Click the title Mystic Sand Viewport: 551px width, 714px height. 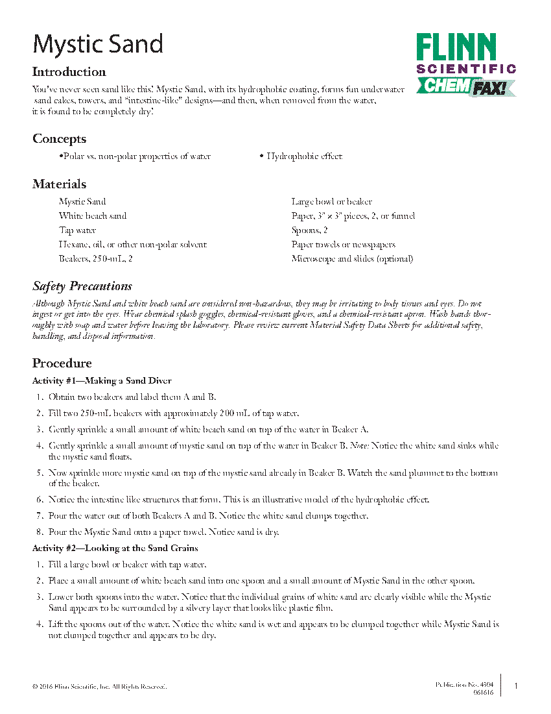coord(98,44)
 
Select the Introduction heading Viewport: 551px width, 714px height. coord(69,72)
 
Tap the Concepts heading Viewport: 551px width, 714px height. coord(59,139)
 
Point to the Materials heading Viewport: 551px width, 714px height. coord(59,184)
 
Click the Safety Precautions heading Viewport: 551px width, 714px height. coord(82,286)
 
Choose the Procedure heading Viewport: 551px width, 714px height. coord(62,363)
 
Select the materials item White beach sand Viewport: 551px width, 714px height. coord(93,216)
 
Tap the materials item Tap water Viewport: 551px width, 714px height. coord(77,230)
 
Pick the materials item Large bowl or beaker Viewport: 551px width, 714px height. coord(331,202)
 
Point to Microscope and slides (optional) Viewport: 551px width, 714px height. coord(352,259)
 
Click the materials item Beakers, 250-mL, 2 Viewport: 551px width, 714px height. coord(96,259)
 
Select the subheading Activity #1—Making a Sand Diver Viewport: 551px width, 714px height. coord(102,381)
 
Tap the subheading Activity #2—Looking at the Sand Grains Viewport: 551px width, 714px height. coord(115,548)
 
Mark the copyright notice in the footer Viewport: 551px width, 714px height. coord(99,687)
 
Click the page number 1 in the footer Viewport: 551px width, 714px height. coord(515,686)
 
